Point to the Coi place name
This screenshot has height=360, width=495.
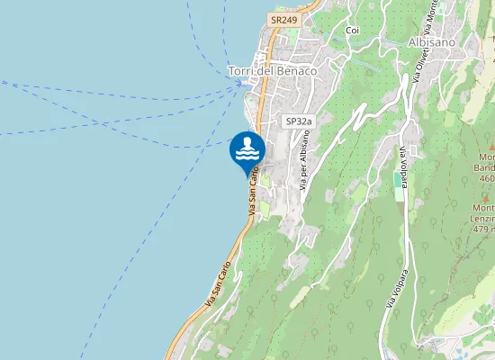(x=352, y=30)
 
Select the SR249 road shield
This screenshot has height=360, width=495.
(x=283, y=19)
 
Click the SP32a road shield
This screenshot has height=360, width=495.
(x=298, y=121)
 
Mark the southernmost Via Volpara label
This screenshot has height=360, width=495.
(x=393, y=287)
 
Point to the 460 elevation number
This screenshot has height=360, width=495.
(x=488, y=178)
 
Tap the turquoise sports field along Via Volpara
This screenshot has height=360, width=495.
(x=398, y=180)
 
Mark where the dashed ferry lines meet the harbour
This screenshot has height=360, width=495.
(x=241, y=84)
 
